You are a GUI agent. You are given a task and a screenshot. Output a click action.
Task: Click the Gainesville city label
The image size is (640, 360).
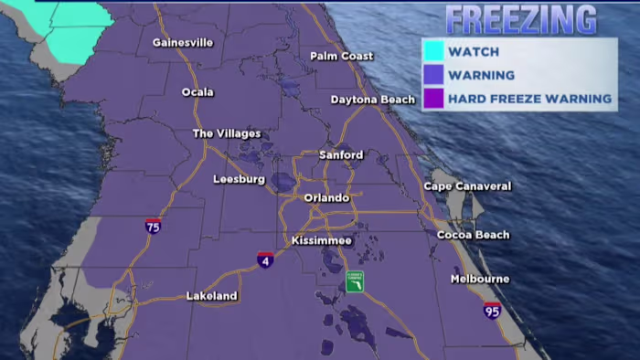[183, 42]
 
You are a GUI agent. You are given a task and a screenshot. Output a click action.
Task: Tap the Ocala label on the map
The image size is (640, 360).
[197, 92]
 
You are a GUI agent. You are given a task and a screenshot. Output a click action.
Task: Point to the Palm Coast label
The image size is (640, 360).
[341, 57]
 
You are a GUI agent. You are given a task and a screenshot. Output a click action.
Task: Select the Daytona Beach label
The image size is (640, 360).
[372, 100]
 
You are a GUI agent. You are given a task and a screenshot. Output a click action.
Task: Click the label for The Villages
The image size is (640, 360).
[226, 133]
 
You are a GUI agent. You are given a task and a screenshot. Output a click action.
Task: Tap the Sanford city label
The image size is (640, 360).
[340, 155]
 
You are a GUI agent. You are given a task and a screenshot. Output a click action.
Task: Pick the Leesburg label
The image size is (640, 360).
[239, 180]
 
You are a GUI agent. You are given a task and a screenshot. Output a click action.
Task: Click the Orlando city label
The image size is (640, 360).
[326, 198]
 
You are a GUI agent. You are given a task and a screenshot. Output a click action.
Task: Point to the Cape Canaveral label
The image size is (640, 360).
[466, 186]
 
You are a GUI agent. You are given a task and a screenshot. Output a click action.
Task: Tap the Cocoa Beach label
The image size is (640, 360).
[474, 235]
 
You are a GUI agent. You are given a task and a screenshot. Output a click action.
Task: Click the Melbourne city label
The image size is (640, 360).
[480, 279]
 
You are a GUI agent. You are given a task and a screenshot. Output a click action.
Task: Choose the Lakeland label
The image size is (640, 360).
[211, 296]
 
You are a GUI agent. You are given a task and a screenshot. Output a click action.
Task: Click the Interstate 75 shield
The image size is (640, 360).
[153, 225]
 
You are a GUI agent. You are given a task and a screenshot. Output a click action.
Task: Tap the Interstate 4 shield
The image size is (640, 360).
[265, 259]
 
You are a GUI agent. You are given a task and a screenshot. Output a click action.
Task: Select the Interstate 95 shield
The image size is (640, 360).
[492, 310]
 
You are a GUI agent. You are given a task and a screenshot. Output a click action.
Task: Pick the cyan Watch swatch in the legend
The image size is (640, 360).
[433, 51]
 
